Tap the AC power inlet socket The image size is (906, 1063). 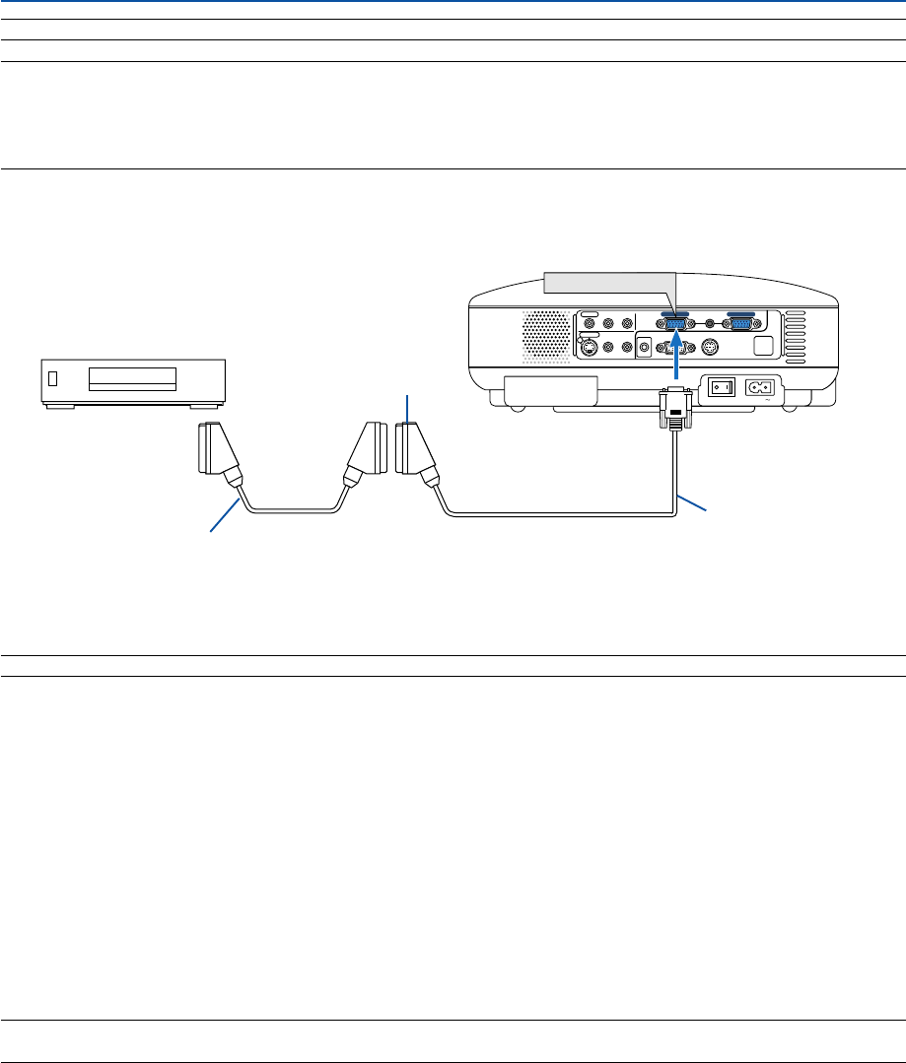point(760,388)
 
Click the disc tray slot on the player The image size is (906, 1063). point(131,379)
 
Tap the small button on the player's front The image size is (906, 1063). point(53,378)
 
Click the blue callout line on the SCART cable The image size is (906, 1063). point(224,516)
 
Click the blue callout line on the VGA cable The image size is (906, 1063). point(691,500)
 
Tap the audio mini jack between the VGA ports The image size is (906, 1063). point(708,322)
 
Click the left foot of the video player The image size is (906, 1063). point(61,405)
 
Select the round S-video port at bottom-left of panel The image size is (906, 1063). point(589,347)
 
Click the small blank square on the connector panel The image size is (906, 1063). point(762,346)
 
